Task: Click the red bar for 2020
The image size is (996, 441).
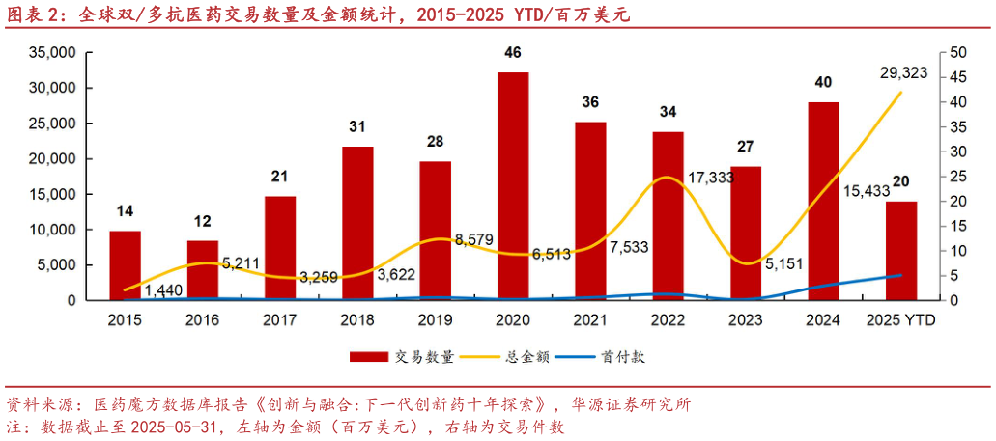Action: pyautogui.click(x=512, y=186)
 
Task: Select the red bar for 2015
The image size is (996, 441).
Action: pyautogui.click(x=125, y=265)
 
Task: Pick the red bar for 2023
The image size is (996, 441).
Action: pyautogui.click(x=746, y=233)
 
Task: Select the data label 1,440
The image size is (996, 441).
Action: pyautogui.click(x=164, y=289)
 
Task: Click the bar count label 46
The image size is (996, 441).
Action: pyautogui.click(x=512, y=52)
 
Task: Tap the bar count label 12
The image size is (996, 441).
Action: pyautogui.click(x=202, y=221)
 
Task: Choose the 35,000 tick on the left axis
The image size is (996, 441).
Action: pyautogui.click(x=50, y=52)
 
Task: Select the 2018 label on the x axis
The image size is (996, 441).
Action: pyautogui.click(x=357, y=319)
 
